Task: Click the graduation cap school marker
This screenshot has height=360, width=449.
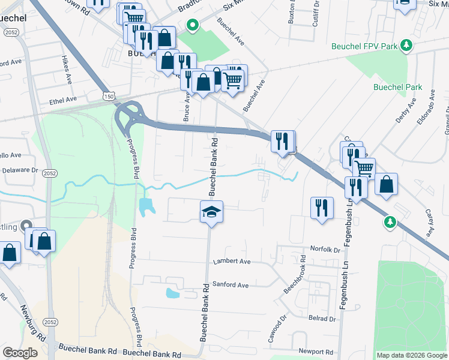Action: point(211,212)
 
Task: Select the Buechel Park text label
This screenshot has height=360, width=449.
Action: point(397,87)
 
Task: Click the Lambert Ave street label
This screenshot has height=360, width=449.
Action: point(232,262)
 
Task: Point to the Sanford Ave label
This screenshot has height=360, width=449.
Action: point(230,285)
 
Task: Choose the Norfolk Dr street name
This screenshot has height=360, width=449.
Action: point(325,249)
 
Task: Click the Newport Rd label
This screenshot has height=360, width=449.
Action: point(316,352)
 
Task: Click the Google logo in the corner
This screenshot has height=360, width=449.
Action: point(20,353)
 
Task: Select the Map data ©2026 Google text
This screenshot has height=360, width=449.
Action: point(412,355)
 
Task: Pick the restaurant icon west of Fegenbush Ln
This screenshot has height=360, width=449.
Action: point(322,208)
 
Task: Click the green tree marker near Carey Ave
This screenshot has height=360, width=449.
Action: point(390,223)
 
